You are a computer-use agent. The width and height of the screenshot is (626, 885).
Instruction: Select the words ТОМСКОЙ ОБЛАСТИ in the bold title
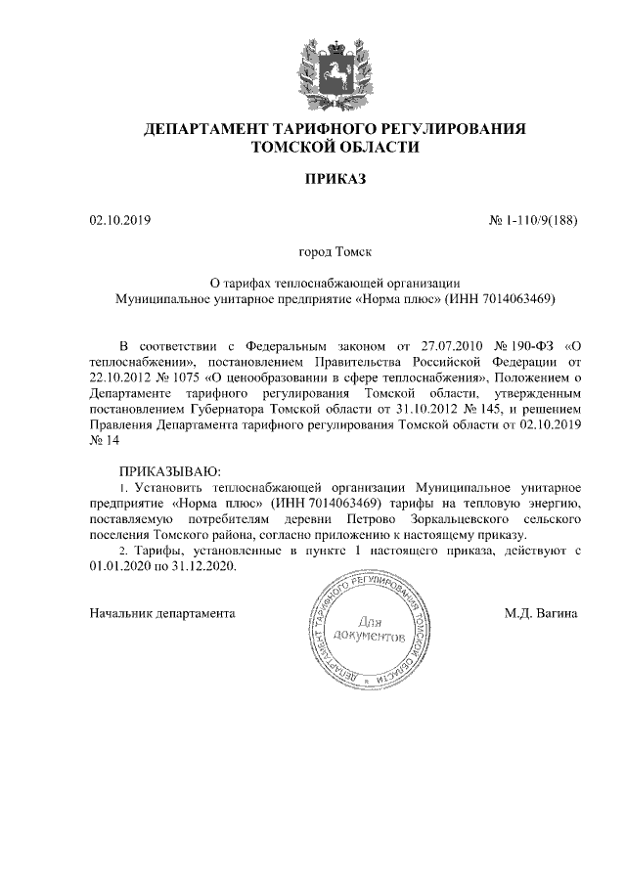coord(335,147)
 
